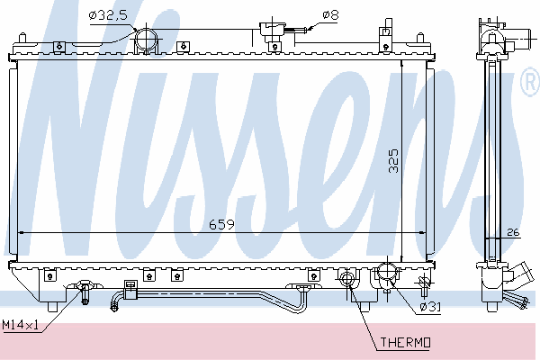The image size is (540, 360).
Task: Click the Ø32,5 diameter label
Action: tap(108, 15)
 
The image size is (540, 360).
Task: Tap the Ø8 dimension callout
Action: tap(330, 14)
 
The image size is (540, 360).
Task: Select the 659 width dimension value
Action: tap(221, 225)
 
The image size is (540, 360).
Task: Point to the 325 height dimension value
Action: tap(393, 161)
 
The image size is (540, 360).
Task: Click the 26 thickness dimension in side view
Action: tap(513, 232)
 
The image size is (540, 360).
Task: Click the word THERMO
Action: tap(405, 342)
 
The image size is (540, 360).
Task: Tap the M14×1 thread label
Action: tap(20, 325)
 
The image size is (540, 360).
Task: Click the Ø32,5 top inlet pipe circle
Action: tap(146, 40)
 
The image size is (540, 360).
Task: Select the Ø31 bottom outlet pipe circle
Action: tap(388, 273)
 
